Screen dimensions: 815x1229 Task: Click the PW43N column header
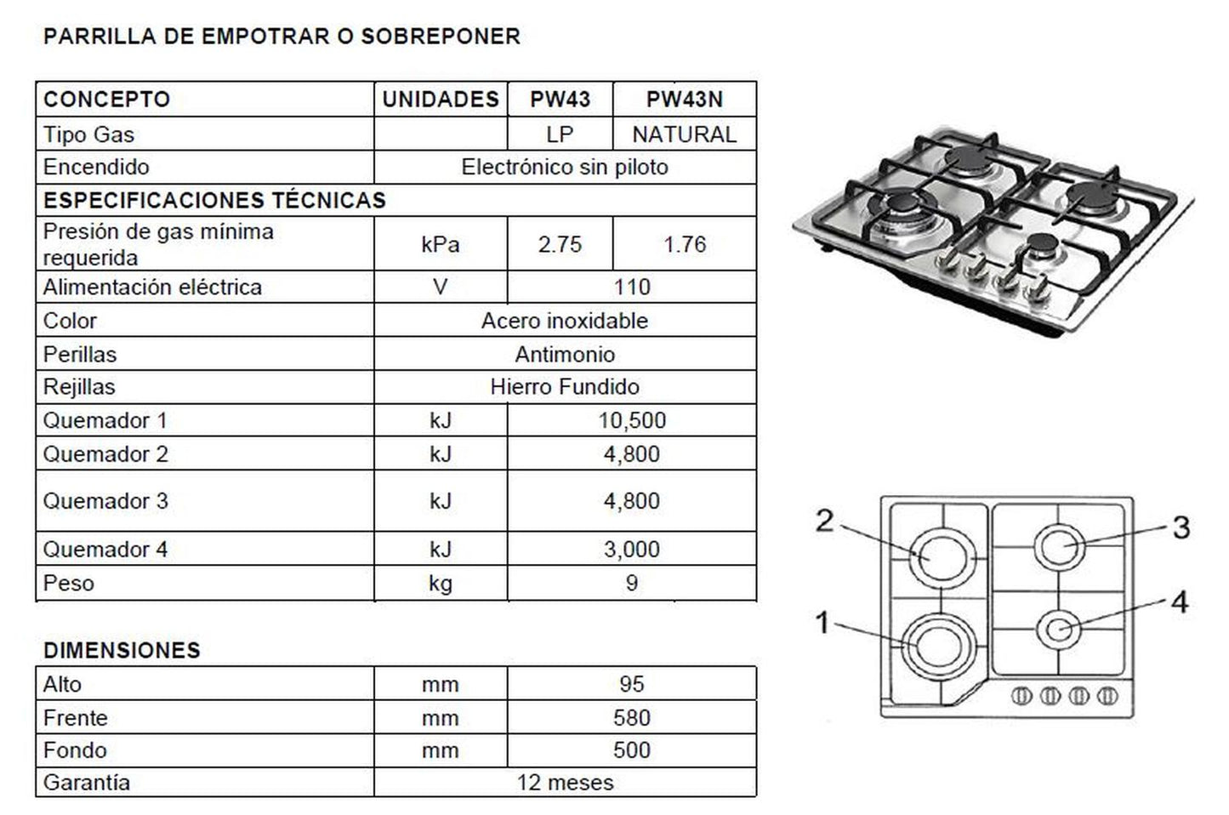coord(684,99)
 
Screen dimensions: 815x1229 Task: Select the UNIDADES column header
coord(440,99)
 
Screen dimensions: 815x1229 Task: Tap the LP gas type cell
coord(560,134)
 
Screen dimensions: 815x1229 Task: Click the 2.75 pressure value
coord(560,244)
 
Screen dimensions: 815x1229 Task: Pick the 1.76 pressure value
coord(684,244)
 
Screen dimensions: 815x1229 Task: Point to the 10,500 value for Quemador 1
coord(631,420)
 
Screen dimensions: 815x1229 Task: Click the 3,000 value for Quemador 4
coord(631,550)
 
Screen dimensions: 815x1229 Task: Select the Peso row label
coord(69,584)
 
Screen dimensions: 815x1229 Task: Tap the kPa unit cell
coord(440,244)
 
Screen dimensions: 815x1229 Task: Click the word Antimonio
coord(565,354)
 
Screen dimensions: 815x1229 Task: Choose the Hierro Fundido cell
coord(565,387)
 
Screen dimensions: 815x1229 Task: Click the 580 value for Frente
coord(631,718)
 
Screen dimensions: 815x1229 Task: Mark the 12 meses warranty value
coord(565,783)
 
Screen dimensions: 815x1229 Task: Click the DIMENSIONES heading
coord(122,650)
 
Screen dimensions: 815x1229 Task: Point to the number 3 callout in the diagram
coord(1181,527)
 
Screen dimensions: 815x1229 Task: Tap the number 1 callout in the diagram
coord(822,623)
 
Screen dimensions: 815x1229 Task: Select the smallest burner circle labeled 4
coord(1058,630)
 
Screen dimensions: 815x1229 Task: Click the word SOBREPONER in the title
coord(440,37)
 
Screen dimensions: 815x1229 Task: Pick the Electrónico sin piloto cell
coord(565,167)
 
